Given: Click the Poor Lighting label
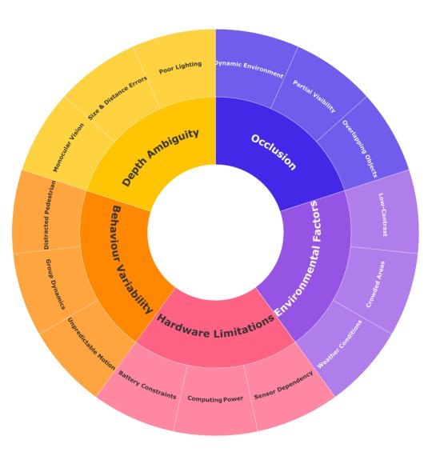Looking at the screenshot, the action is click(x=180, y=67).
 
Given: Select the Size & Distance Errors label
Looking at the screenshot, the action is click(x=118, y=98).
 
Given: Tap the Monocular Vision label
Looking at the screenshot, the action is click(x=68, y=147).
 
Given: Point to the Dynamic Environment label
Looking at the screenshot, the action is click(x=249, y=69).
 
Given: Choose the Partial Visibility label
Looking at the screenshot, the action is click(x=314, y=96).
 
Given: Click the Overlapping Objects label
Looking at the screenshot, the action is click(x=360, y=149).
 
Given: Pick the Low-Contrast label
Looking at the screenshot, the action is click(x=383, y=214).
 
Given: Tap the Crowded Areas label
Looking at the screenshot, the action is click(x=375, y=285).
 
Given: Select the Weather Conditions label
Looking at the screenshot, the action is click(x=339, y=344).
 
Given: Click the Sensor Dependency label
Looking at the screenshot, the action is click(x=283, y=386).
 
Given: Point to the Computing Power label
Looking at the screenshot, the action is click(x=215, y=398).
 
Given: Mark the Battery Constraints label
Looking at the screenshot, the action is click(x=147, y=386).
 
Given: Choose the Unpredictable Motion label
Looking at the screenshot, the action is click(x=91, y=344).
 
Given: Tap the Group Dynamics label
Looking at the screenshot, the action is click(x=55, y=285).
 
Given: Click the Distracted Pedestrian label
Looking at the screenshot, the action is click(x=50, y=215).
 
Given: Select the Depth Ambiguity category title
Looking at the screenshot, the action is click(x=160, y=158).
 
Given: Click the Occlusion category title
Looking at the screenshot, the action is click(x=274, y=152).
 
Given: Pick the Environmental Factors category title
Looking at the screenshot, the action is click(x=298, y=258).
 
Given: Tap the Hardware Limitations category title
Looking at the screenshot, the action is click(x=215, y=326).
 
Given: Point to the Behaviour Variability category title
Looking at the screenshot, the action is click(x=132, y=259).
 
